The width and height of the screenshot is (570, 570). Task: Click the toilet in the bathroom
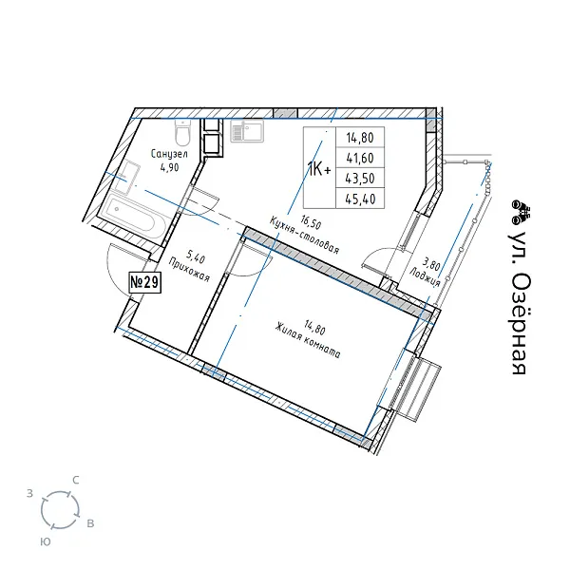point(182,132)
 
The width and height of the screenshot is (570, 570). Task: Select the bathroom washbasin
point(125,177)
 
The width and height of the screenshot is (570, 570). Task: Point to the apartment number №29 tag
point(145,282)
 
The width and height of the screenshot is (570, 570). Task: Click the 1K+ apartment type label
point(319,169)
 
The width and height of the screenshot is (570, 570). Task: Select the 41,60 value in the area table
point(360,158)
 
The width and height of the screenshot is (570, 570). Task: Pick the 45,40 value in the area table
point(360,199)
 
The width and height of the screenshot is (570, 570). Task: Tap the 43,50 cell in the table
point(360,179)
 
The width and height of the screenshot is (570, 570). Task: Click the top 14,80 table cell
point(360,138)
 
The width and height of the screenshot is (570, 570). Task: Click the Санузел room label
point(169,154)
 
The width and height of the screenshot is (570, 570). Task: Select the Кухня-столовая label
point(305,236)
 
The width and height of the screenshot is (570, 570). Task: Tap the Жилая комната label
point(308,341)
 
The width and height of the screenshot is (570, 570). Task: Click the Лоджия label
point(425,277)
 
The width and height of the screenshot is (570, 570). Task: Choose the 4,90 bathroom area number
point(169,167)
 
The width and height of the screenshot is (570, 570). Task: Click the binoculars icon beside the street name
point(521,212)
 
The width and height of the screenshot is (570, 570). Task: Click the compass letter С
point(76,481)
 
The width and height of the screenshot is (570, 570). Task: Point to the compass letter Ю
point(45,542)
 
